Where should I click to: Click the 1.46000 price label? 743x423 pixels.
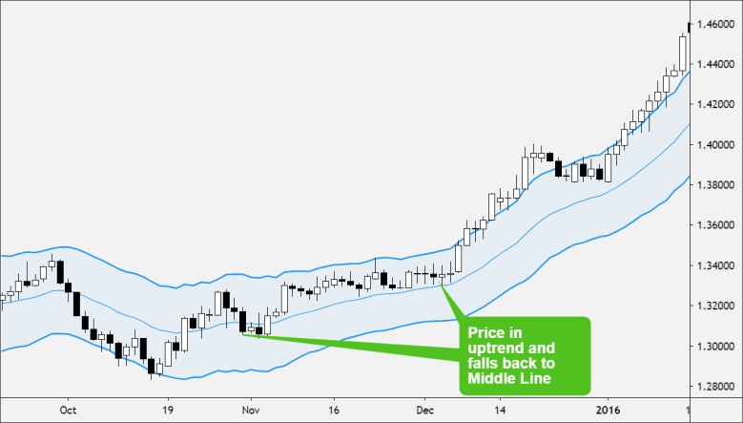(x=716, y=24)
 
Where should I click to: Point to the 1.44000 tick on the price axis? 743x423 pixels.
(x=716, y=64)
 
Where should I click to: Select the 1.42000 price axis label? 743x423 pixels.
(x=716, y=104)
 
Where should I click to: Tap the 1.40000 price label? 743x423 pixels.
(x=716, y=145)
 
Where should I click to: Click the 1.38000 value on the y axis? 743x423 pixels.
(x=716, y=185)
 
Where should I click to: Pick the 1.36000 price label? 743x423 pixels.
(x=716, y=226)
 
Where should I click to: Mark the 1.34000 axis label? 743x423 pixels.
(x=716, y=266)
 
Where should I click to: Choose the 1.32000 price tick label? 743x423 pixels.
(x=716, y=307)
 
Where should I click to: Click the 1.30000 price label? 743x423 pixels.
(x=716, y=348)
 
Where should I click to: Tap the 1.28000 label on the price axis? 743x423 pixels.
(x=716, y=388)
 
